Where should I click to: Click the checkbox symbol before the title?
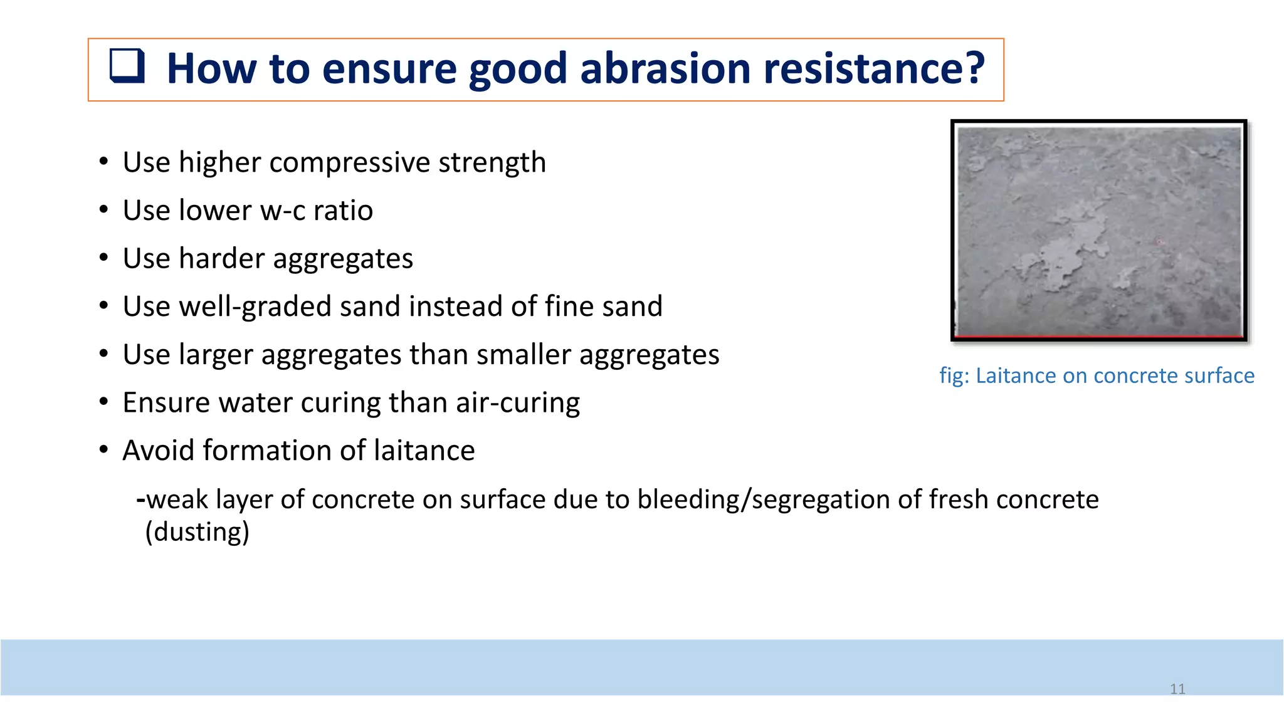[127, 66]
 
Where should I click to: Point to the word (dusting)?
[197, 532]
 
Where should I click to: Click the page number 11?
[1177, 689]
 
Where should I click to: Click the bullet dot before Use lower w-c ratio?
[104, 211]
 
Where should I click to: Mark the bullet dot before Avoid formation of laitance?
[104, 451]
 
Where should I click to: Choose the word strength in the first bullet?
[492, 163]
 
